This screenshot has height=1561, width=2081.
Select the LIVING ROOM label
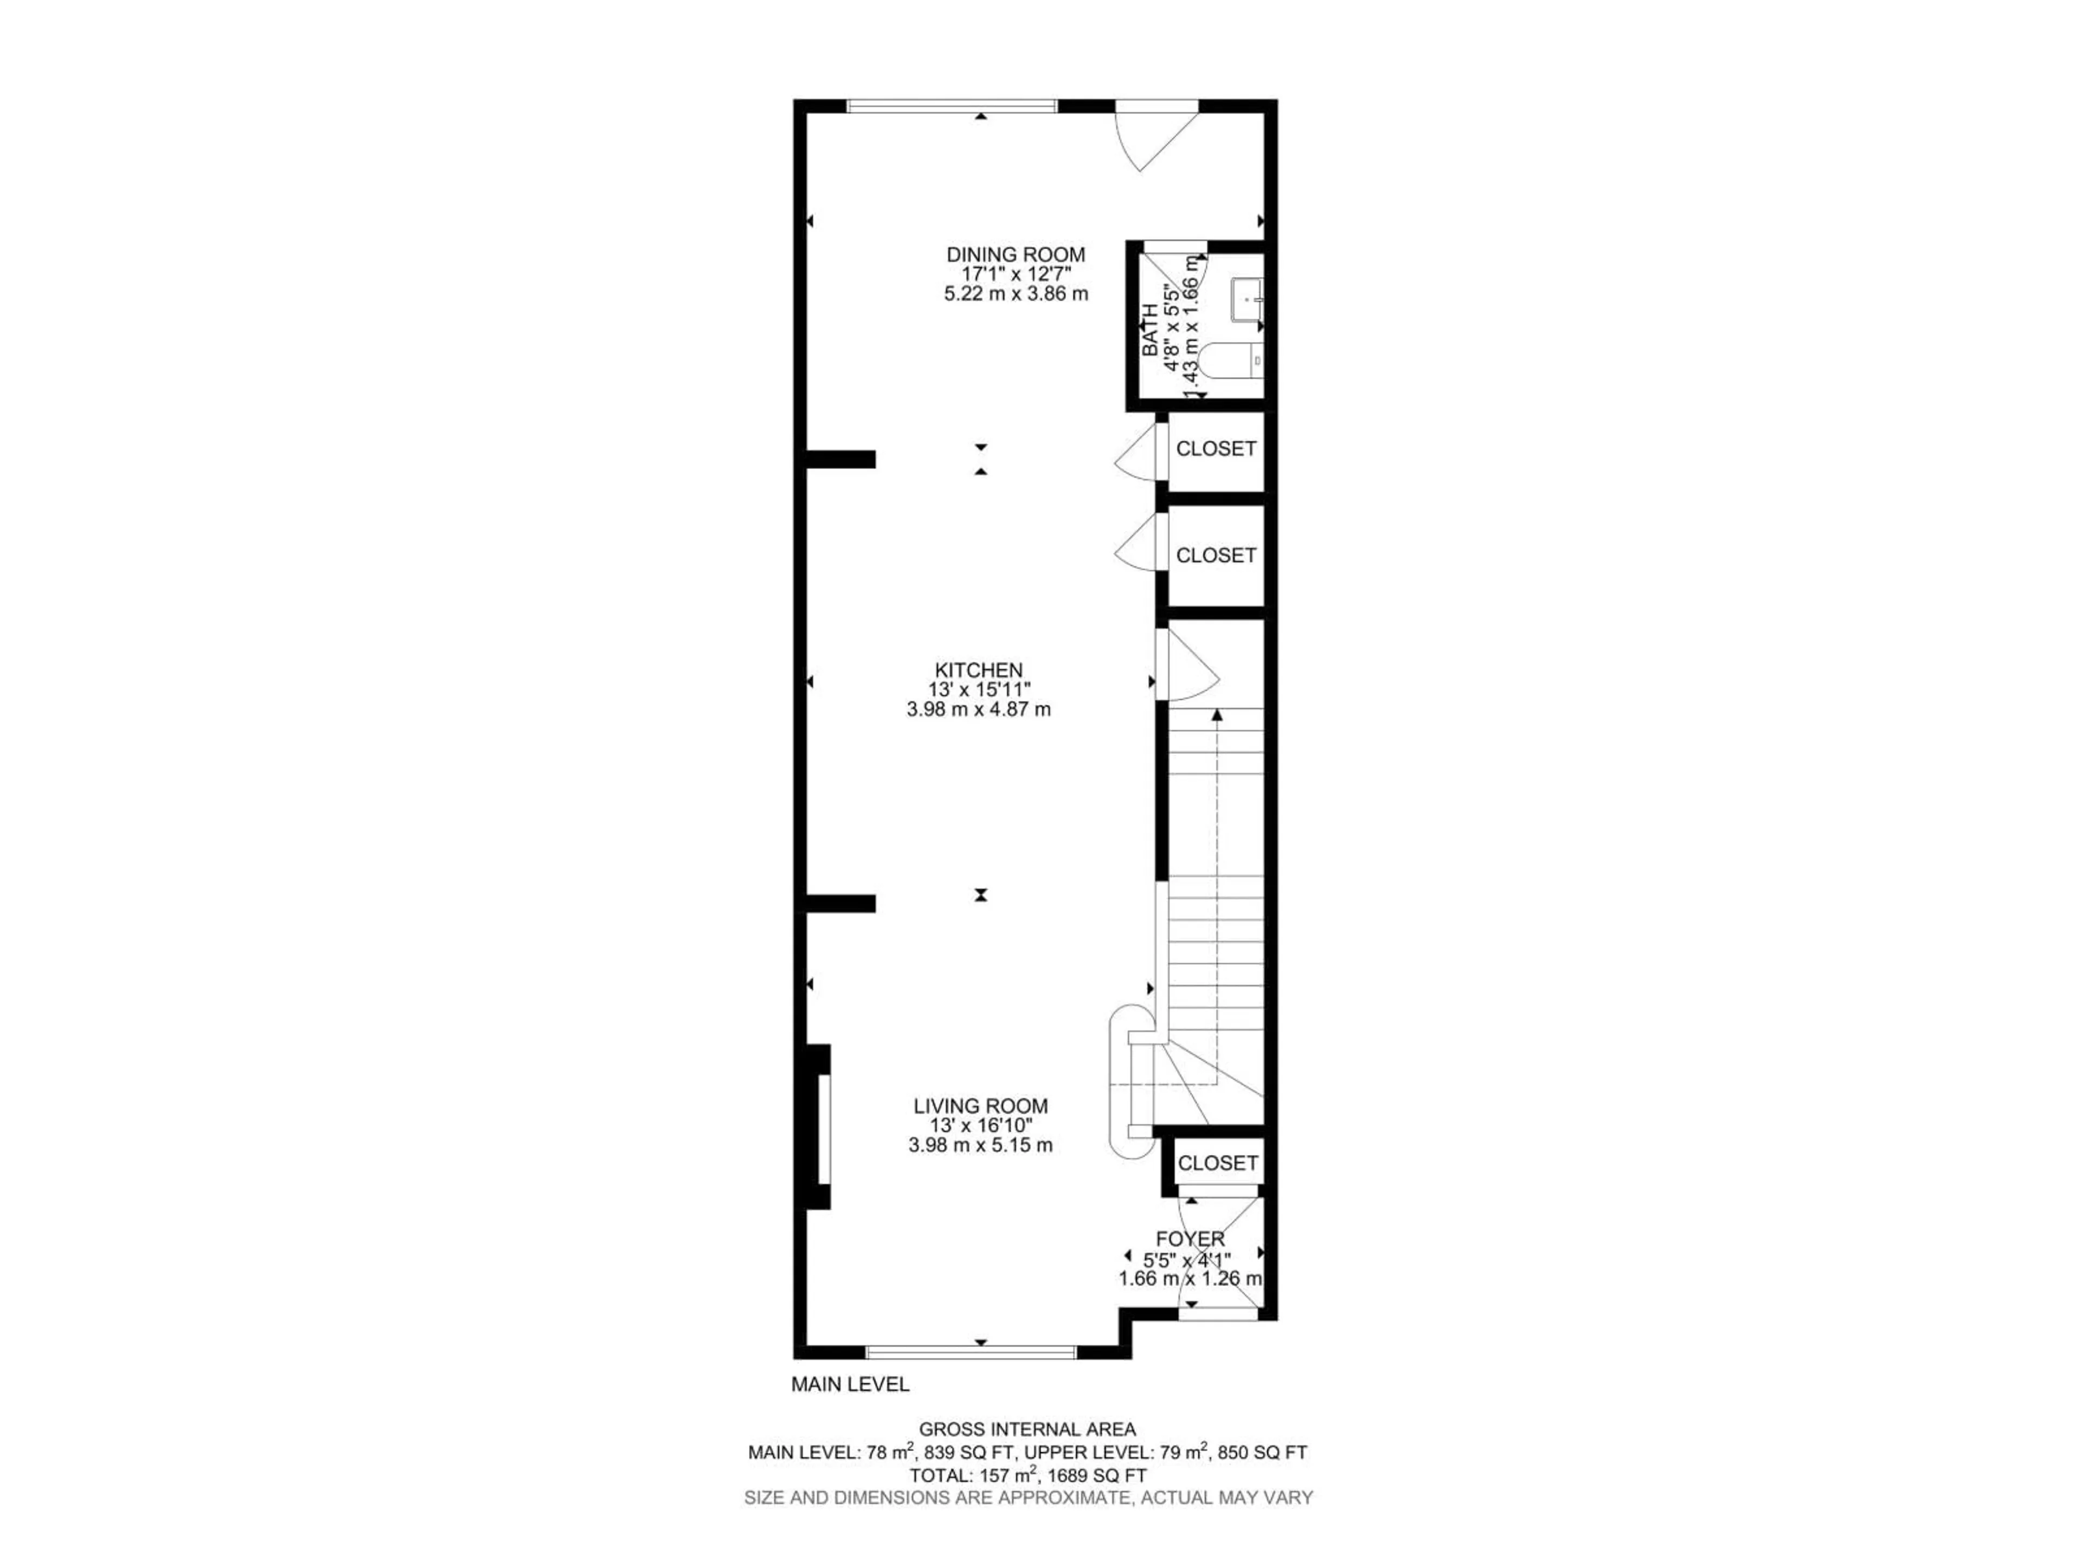pos(980,1106)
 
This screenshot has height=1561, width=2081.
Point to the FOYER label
pos(1190,1239)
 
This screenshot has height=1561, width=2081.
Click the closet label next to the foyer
pos(1217,1163)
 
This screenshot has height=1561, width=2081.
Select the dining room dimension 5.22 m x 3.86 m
pos(1016,294)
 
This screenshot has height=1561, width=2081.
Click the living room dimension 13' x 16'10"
pos(980,1125)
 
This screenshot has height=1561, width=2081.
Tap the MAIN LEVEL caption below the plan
pos(850,1384)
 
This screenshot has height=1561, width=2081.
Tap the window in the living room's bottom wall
pos(970,1352)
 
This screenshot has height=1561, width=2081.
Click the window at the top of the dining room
pos(953,105)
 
